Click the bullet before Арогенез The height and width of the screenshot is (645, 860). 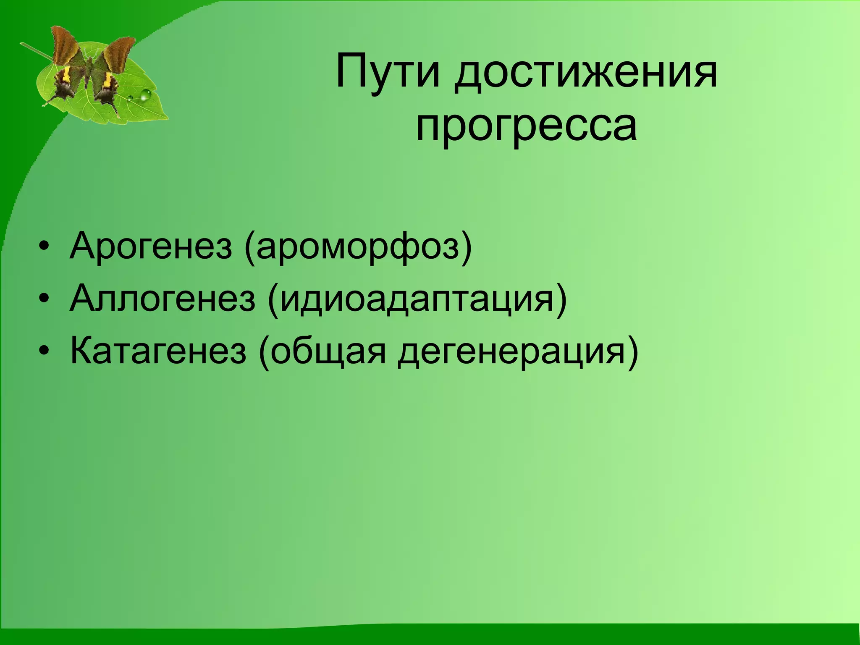point(43,246)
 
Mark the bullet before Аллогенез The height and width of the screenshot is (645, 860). point(43,299)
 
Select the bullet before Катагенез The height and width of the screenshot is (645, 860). point(43,351)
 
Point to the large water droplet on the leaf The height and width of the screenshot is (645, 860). point(145,95)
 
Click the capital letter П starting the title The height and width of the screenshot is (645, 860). point(350,71)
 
